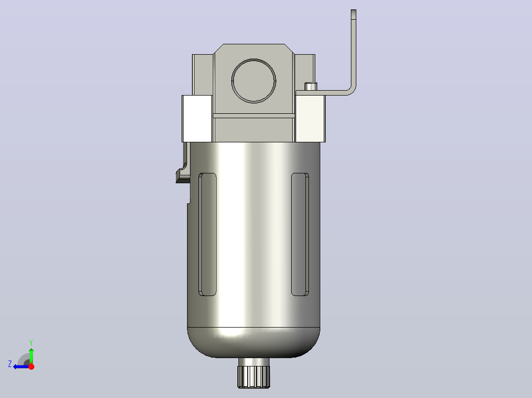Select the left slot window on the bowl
(207, 234)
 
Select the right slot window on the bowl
(300, 234)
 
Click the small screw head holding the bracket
(310, 86)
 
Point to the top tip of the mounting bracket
(353, 10)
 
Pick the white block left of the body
(197, 119)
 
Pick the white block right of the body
(310, 119)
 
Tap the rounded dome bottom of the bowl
(254, 343)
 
